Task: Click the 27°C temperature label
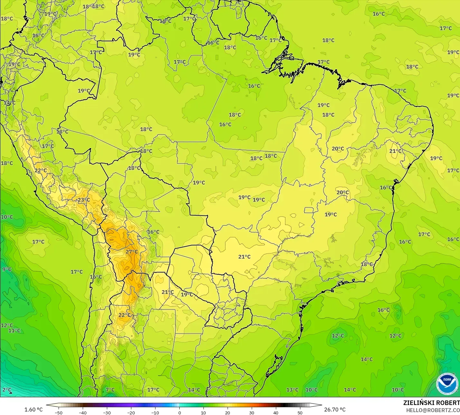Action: click(131, 252)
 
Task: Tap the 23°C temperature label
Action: click(84, 200)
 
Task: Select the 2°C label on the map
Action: click(6, 390)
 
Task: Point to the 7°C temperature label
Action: click(110, 390)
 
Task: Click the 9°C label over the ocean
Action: click(6, 269)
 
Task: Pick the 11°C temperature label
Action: click(14, 331)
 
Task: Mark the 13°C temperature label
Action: click(292, 390)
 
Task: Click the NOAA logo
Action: click(447, 383)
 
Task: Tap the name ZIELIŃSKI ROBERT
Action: click(431, 403)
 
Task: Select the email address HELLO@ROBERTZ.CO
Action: click(433, 410)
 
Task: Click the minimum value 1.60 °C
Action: click(33, 410)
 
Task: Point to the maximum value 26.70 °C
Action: click(335, 410)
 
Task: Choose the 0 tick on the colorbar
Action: click(179, 412)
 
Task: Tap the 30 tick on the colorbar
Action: click(252, 412)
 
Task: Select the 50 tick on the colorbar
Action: click(300, 412)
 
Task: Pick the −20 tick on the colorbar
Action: click(131, 412)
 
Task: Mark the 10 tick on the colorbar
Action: click(203, 412)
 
